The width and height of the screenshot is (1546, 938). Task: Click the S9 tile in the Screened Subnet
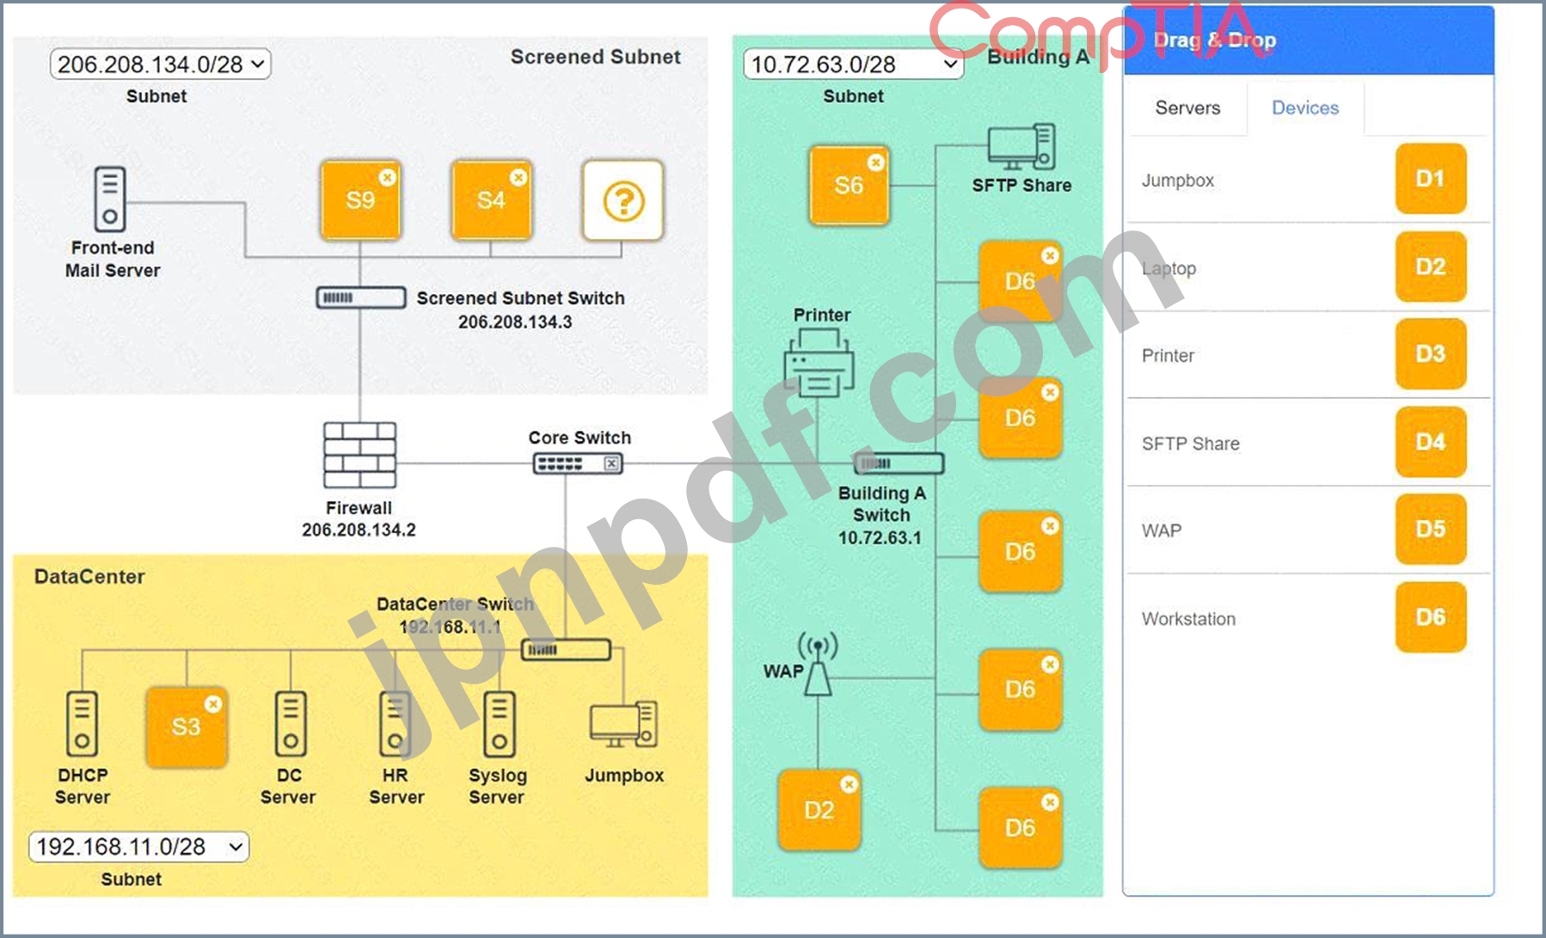pyautogui.click(x=360, y=200)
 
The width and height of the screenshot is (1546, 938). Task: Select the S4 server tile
pyautogui.click(x=491, y=200)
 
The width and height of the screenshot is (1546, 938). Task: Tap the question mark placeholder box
pyautogui.click(x=623, y=200)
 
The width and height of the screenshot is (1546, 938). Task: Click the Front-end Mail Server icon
pyautogui.click(x=110, y=199)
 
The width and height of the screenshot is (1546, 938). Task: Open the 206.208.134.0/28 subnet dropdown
pyautogui.click(x=161, y=64)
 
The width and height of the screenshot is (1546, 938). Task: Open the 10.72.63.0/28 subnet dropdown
pyautogui.click(x=853, y=64)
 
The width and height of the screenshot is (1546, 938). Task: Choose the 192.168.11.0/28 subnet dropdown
pyautogui.click(x=139, y=847)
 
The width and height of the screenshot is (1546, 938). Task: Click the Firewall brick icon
pyautogui.click(x=359, y=456)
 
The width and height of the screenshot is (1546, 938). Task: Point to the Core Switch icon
pyautogui.click(x=578, y=464)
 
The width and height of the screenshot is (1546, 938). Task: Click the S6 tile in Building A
pyautogui.click(x=849, y=186)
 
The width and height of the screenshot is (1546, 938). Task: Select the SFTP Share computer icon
pyautogui.click(x=1021, y=148)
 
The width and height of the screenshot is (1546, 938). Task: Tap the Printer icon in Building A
pyautogui.click(x=819, y=362)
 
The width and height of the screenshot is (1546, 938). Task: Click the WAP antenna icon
pyautogui.click(x=818, y=665)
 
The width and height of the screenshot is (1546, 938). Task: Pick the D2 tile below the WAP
pyautogui.click(x=819, y=810)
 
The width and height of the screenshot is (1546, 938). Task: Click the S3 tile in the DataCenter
pyautogui.click(x=187, y=727)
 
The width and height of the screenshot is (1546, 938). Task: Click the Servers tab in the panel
pyautogui.click(x=1187, y=107)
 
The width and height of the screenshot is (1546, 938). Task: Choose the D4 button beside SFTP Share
pyautogui.click(x=1431, y=442)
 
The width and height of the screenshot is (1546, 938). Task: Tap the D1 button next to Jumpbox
pyautogui.click(x=1431, y=179)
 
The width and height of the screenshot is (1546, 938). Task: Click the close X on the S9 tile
pyautogui.click(x=388, y=177)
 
